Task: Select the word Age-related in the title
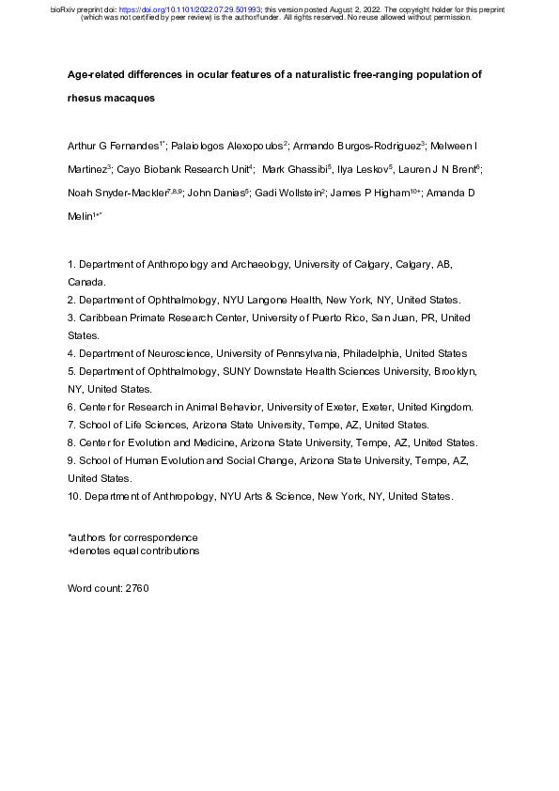[94, 73]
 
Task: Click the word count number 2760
[136, 588]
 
